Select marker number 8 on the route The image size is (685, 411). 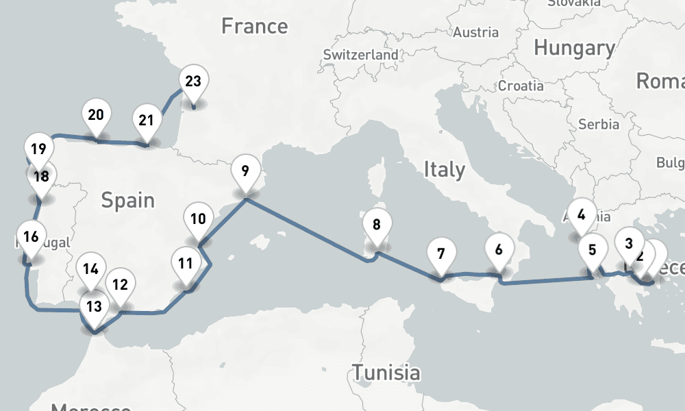(x=376, y=224)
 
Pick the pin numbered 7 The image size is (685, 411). (x=441, y=254)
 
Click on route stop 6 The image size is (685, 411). (x=498, y=249)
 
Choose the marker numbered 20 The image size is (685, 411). (x=96, y=114)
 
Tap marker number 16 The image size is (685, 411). (x=30, y=238)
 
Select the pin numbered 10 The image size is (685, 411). (x=198, y=220)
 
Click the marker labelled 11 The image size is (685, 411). (x=185, y=264)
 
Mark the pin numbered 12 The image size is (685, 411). (x=120, y=284)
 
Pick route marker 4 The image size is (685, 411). (x=581, y=214)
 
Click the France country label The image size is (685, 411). (x=254, y=27)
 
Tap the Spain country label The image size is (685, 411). (x=127, y=200)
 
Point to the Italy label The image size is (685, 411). (x=444, y=169)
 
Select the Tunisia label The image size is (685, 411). (x=386, y=373)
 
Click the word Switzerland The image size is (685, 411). (x=360, y=55)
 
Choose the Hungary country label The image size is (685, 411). (x=574, y=48)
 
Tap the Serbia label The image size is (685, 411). (x=599, y=124)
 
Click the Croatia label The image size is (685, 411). (x=521, y=86)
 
